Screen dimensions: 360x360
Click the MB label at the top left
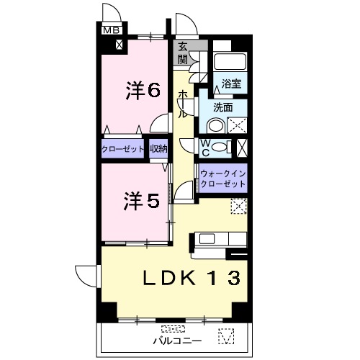tap(110, 30)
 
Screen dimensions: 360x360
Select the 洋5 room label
tap(140, 201)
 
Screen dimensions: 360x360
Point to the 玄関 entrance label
tap(183, 54)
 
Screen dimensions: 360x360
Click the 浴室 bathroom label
tap(231, 84)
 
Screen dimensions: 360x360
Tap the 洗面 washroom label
tap(222, 107)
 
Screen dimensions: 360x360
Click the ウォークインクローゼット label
tap(222, 179)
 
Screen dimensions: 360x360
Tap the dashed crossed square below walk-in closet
tap(238, 206)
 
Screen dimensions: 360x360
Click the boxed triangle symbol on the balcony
tap(228, 336)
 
